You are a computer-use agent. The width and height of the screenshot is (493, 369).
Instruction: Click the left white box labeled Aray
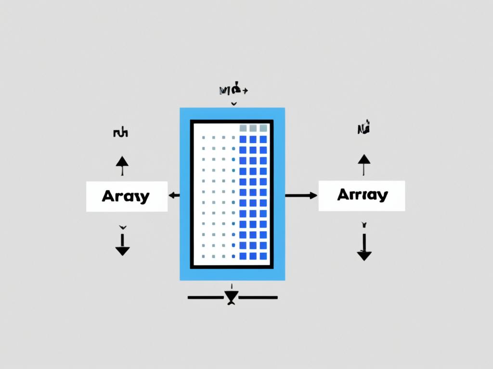127,197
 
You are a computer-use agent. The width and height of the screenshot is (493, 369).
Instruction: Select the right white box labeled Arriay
362,196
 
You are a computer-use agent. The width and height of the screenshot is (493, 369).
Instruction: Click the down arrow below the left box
122,245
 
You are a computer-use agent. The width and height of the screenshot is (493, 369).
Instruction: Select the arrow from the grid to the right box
301,195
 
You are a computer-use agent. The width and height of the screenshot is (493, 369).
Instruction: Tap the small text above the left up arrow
120,133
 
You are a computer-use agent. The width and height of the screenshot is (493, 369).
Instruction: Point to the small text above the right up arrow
364,129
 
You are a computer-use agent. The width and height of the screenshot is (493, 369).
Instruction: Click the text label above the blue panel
233,90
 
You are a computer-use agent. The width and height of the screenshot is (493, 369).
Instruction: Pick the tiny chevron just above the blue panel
234,103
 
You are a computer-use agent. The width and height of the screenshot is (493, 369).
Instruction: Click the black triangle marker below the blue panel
232,297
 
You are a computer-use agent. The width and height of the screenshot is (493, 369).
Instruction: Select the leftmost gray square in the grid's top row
243,128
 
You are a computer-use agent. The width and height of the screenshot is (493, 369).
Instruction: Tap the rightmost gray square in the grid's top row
263,128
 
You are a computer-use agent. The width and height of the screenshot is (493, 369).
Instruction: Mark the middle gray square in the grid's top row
253,128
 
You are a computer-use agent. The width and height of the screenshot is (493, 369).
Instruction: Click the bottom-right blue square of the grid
263,256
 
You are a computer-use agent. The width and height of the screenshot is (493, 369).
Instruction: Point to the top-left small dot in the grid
204,138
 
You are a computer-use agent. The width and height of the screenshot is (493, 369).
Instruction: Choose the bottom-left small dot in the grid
204,256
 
